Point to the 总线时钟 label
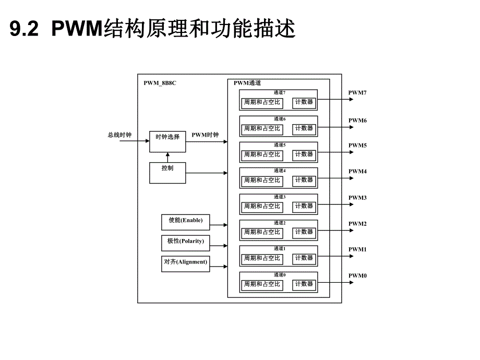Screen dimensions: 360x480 coord(119,135)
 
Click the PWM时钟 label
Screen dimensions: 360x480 coord(205,135)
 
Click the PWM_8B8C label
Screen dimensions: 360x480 coord(160,83)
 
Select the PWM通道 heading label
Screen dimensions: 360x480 coord(247,83)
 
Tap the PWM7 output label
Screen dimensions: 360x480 coord(358,93)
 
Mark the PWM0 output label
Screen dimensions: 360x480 coord(358,275)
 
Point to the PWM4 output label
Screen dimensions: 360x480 coord(358,171)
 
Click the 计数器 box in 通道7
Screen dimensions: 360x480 coord(304,102)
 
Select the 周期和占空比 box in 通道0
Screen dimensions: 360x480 coord(262,284)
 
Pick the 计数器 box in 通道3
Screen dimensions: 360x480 coord(304,206)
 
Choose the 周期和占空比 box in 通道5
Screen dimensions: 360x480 coord(262,154)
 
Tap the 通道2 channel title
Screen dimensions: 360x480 coord(279,223)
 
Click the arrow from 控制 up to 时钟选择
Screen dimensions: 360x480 coord(167,157)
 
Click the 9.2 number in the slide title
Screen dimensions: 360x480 coord(24,30)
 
